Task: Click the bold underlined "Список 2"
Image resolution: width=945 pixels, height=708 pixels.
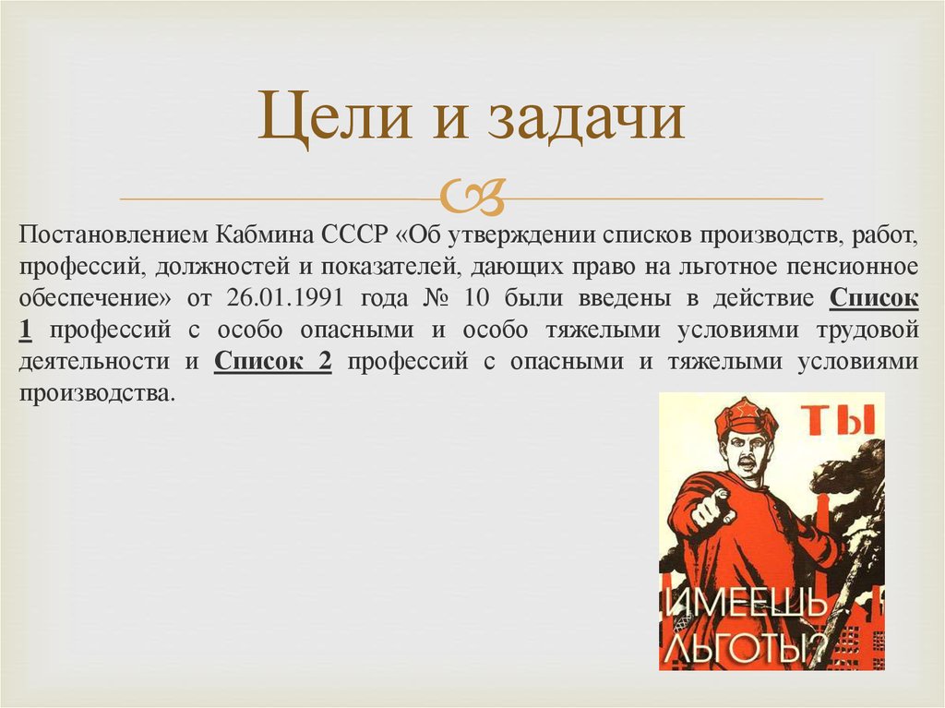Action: pos(272,361)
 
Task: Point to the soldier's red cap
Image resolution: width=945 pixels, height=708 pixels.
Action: pos(746,417)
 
